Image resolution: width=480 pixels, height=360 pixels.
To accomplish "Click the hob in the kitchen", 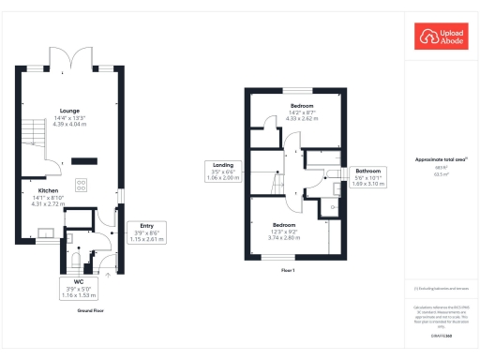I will tap(81, 183).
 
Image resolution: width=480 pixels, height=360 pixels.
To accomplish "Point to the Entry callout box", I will tap(146, 232).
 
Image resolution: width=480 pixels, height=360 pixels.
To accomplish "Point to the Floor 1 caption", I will tap(289, 270).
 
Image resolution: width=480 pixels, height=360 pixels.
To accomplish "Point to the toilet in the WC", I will tap(81, 250).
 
